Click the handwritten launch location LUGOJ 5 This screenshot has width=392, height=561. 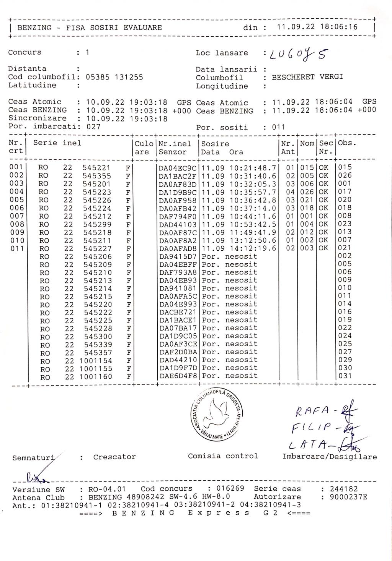pyautogui.click(x=299, y=56)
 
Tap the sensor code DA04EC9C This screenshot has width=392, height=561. pyautogui.click(x=178, y=168)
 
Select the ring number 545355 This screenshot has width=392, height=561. pyautogui.click(x=97, y=176)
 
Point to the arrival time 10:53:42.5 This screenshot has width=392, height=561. pyautogui.click(x=253, y=224)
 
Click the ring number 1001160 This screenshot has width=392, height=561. pyautogui.click(x=96, y=377)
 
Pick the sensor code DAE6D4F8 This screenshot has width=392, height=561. pyautogui.click(x=178, y=376)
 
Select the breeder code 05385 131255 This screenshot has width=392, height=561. pyautogui.click(x=114, y=77)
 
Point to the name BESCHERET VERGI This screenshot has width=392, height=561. pyautogui.click(x=307, y=77)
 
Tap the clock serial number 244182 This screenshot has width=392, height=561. pyautogui.click(x=339, y=489)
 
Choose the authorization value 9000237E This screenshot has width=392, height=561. pyautogui.click(x=343, y=497)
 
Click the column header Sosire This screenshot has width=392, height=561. pyautogui.click(x=215, y=144)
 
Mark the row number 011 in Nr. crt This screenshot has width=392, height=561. pyautogui.click(x=16, y=249)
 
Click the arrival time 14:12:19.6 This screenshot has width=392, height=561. pyautogui.click(x=253, y=248)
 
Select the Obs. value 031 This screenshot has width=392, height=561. pyautogui.click(x=345, y=376)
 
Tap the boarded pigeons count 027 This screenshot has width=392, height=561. pyautogui.click(x=93, y=126)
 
